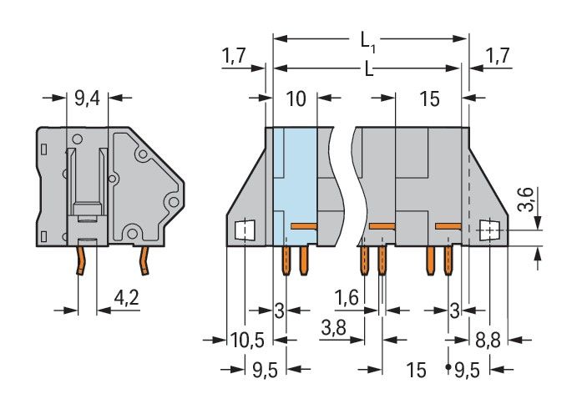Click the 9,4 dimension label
[87, 99]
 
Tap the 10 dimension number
[296, 99]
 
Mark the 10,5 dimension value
[246, 340]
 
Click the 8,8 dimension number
[488, 340]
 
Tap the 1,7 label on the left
[234, 56]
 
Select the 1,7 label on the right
[498, 56]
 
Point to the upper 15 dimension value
[430, 99]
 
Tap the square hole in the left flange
[244, 229]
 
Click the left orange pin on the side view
[83, 259]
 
